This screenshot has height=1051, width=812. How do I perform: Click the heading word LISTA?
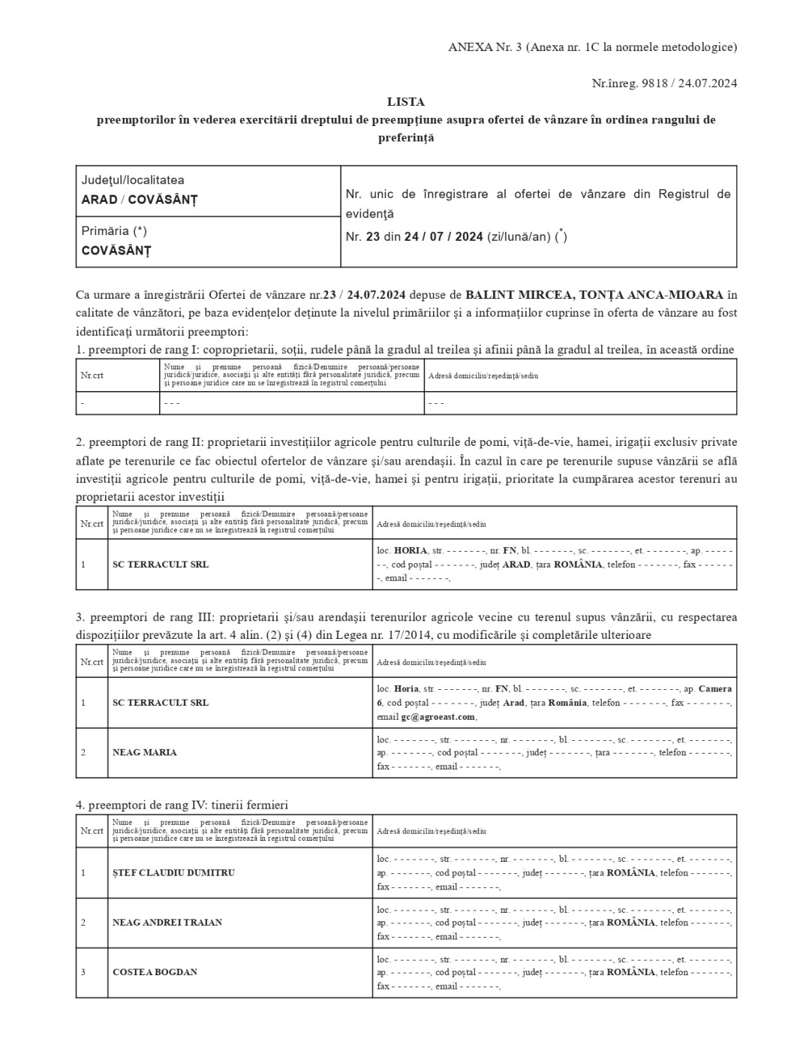[405, 101]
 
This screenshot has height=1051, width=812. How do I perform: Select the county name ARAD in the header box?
[99, 200]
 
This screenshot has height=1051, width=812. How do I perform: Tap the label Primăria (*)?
[114, 231]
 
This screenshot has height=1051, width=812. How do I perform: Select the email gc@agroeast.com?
[438, 717]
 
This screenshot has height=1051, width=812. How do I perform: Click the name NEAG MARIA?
[145, 752]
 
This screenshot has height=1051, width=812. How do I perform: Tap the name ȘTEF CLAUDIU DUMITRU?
[173, 872]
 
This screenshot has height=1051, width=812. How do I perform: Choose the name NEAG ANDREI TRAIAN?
[167, 922]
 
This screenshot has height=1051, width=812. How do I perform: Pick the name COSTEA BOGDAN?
[155, 972]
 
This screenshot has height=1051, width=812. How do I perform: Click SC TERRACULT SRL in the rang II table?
[161, 564]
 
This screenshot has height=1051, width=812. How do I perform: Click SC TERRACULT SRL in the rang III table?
[161, 703]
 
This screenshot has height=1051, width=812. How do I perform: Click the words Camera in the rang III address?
[714, 688]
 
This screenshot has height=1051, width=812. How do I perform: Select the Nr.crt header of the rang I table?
[92, 375]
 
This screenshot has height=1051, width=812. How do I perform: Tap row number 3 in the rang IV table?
[83, 972]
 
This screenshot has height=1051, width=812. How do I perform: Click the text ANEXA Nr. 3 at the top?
[484, 47]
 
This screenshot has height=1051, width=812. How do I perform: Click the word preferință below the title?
[405, 138]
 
